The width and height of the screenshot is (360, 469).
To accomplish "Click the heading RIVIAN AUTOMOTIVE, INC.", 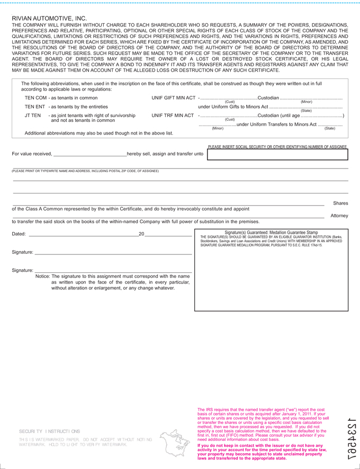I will pyautogui.click(x=49, y=19).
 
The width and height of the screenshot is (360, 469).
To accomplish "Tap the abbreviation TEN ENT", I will pyautogui.click(x=35, y=107).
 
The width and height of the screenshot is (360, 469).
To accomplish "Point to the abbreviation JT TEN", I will pyautogui.click(x=33, y=116).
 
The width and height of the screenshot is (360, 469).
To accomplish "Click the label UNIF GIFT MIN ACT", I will pyautogui.click(x=173, y=98).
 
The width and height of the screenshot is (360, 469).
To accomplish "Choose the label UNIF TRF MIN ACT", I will pyautogui.click(x=173, y=116).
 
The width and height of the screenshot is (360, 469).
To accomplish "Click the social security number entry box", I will pyautogui.click(x=277, y=155).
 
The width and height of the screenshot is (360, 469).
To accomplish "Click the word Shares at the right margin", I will pyautogui.click(x=340, y=203).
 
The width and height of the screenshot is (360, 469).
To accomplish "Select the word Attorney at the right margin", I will pyautogui.click(x=339, y=216).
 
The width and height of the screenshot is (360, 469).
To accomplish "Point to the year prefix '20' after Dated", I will pyautogui.click(x=141, y=234).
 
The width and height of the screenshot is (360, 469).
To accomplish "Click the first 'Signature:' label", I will pyautogui.click(x=22, y=252).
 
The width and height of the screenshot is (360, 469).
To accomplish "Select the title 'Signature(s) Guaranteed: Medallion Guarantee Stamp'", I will pyautogui.click(x=271, y=232).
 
